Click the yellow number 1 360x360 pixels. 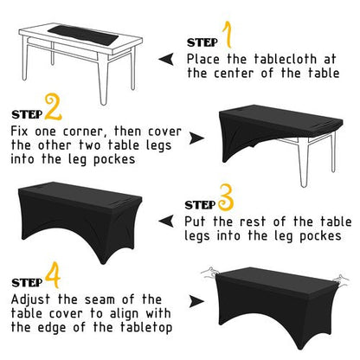point(228,35)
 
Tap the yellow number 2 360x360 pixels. point(53,108)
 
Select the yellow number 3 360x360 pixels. point(226,197)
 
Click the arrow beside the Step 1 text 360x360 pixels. point(166,60)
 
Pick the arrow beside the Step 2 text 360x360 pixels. point(196,138)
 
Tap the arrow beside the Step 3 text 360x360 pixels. point(166,222)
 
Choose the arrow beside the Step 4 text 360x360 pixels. point(196,301)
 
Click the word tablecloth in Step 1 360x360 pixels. point(286,59)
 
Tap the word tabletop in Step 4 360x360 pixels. point(146,328)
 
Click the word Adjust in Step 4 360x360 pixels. point(30,300)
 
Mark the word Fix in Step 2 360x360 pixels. point(19,132)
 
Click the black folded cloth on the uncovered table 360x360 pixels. point(84,35)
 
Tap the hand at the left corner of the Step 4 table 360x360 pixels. point(210,273)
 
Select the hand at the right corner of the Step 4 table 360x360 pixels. point(341,280)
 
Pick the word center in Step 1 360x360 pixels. point(234,73)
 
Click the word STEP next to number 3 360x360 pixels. point(200,205)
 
